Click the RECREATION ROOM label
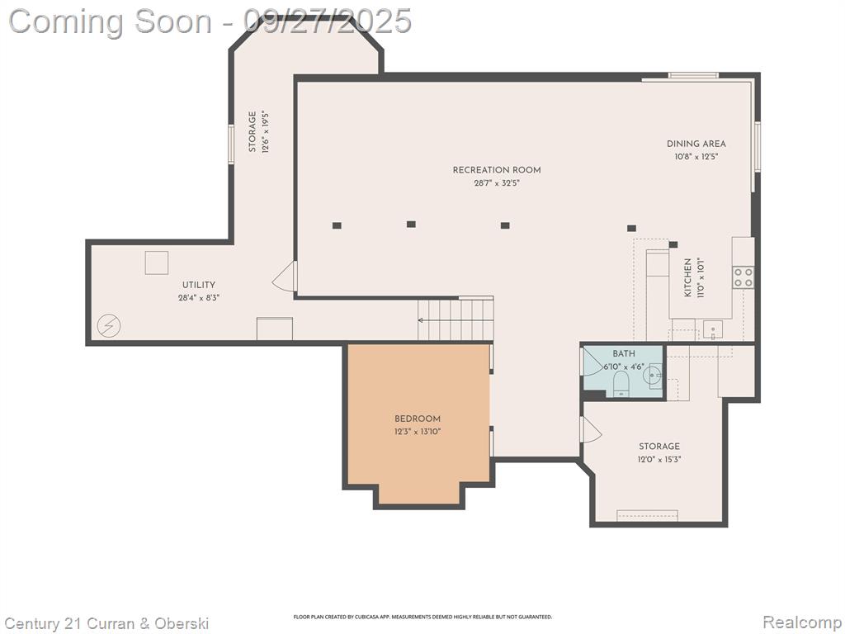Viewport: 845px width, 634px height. click(x=496, y=170)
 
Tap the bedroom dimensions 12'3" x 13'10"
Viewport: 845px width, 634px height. click(x=418, y=431)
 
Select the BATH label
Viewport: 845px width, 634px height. click(x=624, y=353)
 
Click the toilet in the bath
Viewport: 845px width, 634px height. click(x=621, y=383)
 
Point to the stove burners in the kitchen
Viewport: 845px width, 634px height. click(x=743, y=277)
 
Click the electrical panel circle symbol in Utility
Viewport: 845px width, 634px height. click(x=109, y=325)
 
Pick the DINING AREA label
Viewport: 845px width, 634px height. click(x=696, y=144)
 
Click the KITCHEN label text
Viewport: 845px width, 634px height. click(x=687, y=277)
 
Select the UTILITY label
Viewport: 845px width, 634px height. click(x=199, y=285)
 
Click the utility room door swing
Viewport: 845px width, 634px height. click(x=285, y=276)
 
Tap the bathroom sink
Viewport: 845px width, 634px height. click(x=654, y=373)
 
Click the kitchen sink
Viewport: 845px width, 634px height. click(x=713, y=329)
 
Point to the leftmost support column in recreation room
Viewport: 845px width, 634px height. click(x=337, y=225)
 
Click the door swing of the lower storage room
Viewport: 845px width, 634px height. click(x=591, y=429)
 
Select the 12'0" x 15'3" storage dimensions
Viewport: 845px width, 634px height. click(x=659, y=460)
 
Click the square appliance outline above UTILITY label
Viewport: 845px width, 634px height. click(x=157, y=263)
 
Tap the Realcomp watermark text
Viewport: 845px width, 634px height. click(x=800, y=622)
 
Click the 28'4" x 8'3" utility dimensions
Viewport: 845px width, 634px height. click(x=199, y=297)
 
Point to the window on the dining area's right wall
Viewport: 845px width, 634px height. click(x=758, y=147)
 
